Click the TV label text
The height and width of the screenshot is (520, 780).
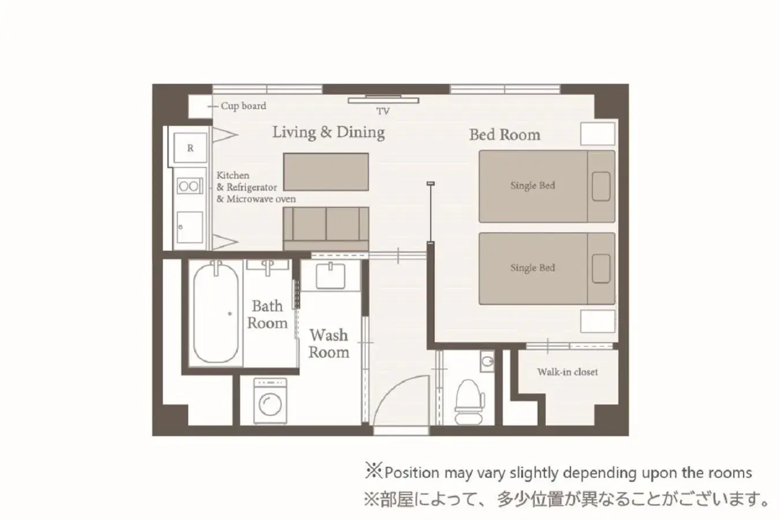pos(383,111)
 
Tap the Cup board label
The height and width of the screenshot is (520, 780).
pos(244,106)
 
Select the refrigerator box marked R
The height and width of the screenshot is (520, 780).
pos(190,148)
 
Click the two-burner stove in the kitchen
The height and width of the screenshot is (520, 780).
pos(189,186)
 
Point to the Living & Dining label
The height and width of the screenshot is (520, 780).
pos(329,132)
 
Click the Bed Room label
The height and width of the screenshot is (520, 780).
pos(505,135)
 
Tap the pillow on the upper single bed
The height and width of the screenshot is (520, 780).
pos(601,186)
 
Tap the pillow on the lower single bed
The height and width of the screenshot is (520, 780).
pos(601,268)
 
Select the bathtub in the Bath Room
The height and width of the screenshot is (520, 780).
pos(216,314)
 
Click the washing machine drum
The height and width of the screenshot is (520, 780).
pos(270,404)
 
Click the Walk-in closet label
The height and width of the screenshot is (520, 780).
pos(567,372)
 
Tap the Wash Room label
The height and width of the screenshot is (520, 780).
pos(329,344)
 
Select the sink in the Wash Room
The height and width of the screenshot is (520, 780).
pos(330,276)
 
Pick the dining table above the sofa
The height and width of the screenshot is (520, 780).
pos(326,172)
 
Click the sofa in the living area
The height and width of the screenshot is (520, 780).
pos(326,229)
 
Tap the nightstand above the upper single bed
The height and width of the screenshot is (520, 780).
pos(598,134)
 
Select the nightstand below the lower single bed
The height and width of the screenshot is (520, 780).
pos(598,321)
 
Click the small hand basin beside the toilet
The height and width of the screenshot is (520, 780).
pos(487,362)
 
